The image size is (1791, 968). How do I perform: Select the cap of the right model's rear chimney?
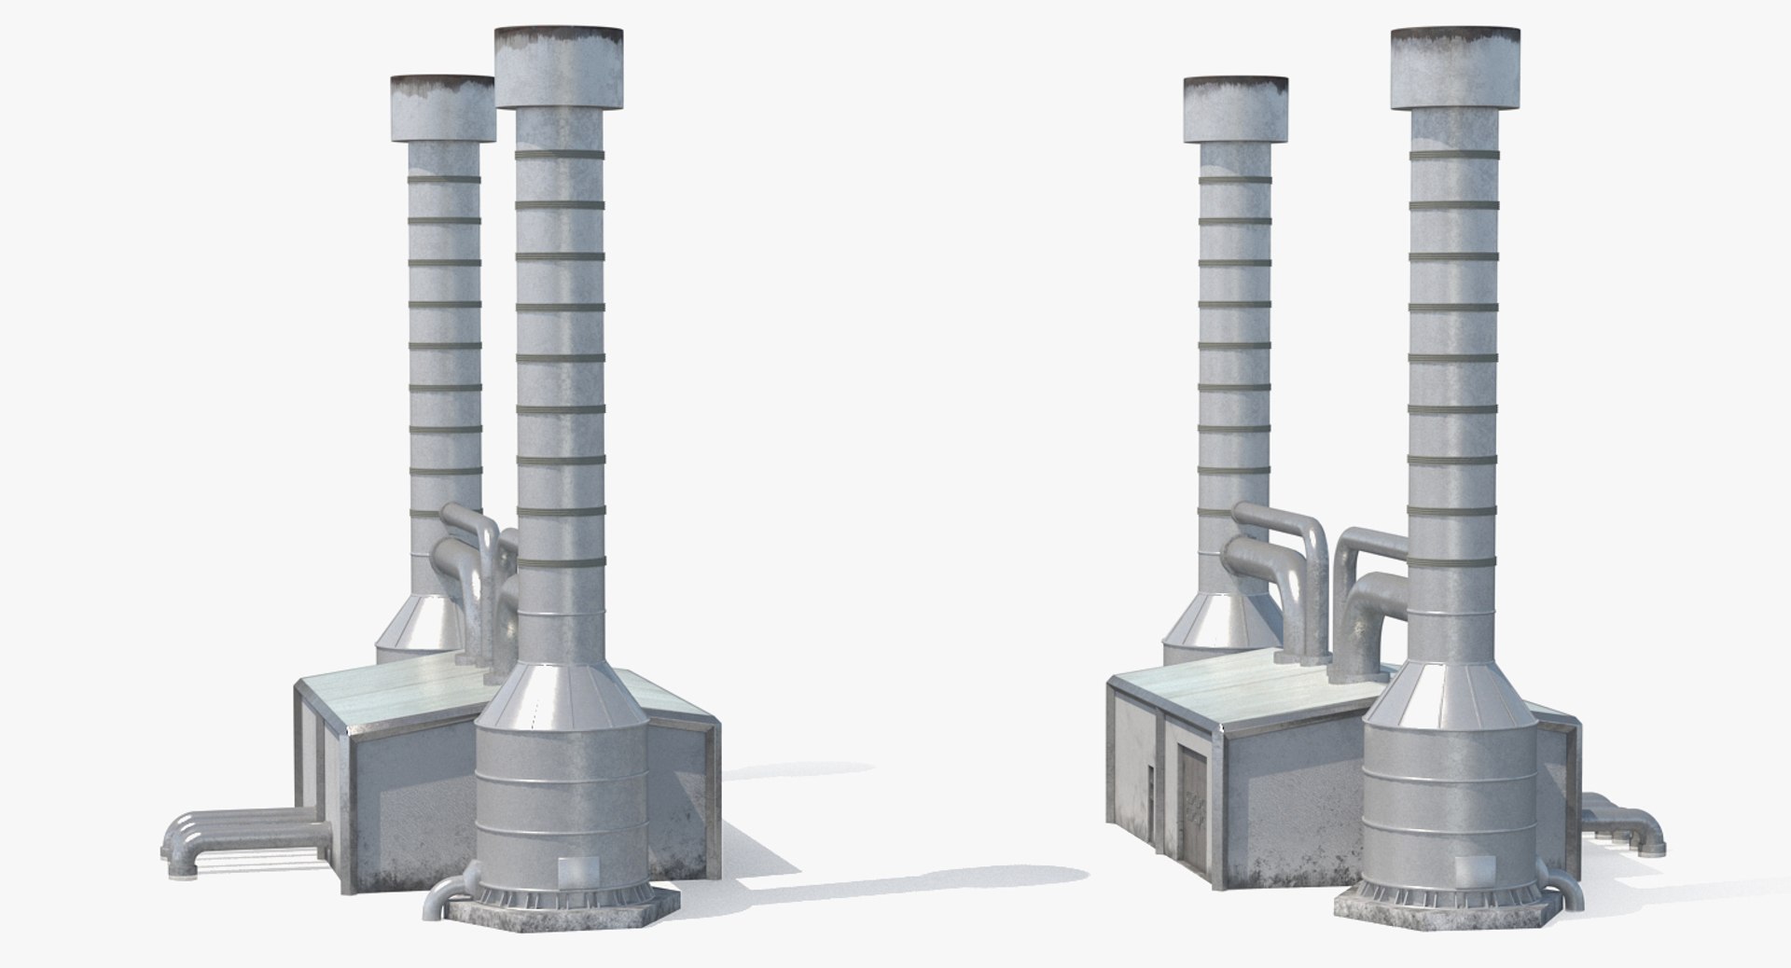point(1237,110)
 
